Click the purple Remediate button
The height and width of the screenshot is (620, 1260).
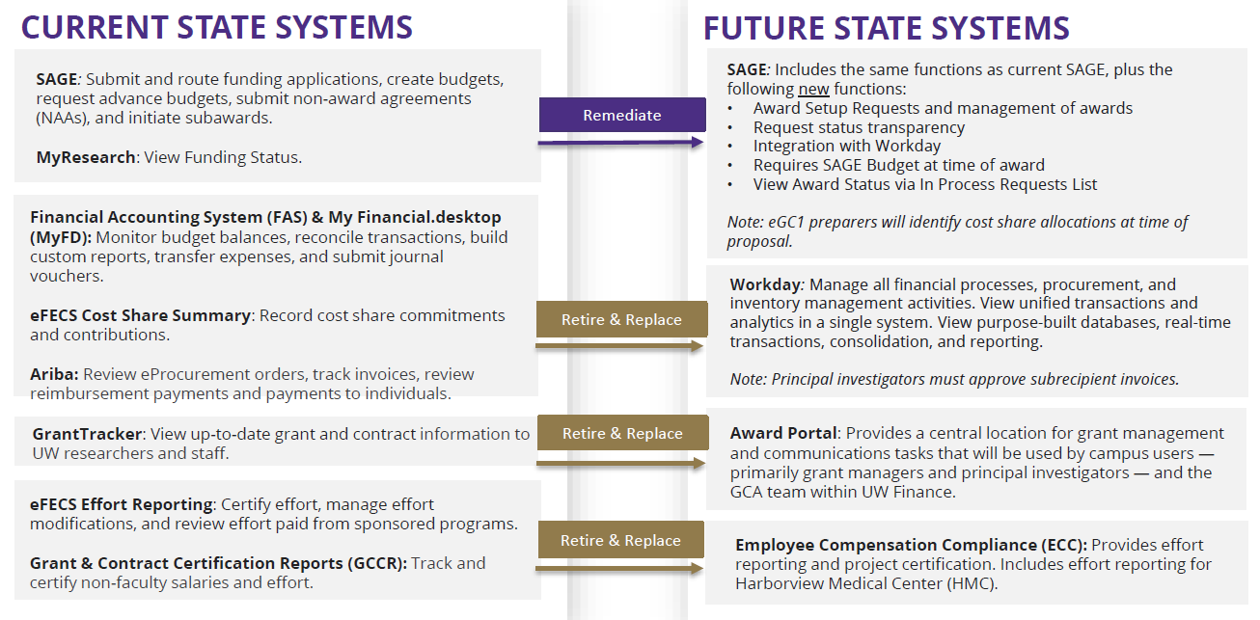click(622, 115)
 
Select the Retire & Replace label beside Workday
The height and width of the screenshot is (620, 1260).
click(621, 319)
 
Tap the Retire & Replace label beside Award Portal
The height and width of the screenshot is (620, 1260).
click(622, 433)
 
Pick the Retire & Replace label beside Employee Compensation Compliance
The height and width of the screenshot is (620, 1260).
click(621, 540)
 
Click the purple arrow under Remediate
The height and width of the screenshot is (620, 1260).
click(620, 143)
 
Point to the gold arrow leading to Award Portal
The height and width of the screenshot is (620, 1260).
click(620, 463)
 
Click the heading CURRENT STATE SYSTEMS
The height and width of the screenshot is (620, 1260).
click(216, 27)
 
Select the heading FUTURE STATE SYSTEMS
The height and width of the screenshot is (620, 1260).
click(886, 28)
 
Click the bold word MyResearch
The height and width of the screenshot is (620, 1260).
click(86, 157)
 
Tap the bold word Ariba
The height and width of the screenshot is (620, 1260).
click(54, 374)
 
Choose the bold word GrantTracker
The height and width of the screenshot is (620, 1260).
click(87, 433)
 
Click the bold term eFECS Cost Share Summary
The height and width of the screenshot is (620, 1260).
click(140, 315)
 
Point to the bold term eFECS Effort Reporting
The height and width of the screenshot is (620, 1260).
click(122, 504)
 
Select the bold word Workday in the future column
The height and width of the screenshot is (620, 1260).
click(765, 285)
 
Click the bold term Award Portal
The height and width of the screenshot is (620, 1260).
click(783, 433)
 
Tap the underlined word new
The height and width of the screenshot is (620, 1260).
click(813, 89)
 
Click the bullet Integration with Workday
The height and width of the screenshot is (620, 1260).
click(847, 146)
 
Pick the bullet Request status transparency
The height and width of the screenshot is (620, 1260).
click(859, 127)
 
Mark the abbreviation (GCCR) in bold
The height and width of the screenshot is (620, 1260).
click(376, 563)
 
